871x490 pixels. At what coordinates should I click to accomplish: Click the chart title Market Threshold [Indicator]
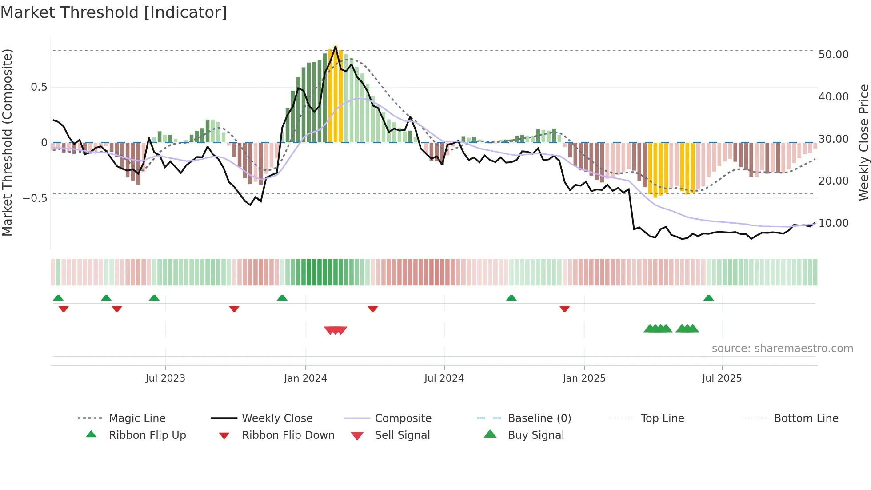pyautogui.click(x=114, y=12)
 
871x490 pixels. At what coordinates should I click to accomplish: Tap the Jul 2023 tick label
pyautogui.click(x=165, y=378)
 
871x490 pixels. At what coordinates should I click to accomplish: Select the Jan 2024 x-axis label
pyautogui.click(x=305, y=378)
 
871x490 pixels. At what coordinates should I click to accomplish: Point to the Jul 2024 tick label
pyautogui.click(x=444, y=378)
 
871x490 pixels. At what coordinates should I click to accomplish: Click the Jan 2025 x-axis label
pyautogui.click(x=584, y=378)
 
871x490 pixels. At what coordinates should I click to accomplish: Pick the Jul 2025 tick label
pyautogui.click(x=722, y=378)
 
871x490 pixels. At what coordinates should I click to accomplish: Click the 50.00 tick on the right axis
pyautogui.click(x=833, y=55)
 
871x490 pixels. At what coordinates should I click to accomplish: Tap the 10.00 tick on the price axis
pyautogui.click(x=833, y=223)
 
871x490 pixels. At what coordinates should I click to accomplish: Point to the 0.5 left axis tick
pyautogui.click(x=39, y=87)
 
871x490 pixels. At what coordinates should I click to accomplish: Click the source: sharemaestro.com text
pyautogui.click(x=782, y=349)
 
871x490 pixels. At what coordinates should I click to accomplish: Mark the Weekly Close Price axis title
pyautogui.click(x=863, y=142)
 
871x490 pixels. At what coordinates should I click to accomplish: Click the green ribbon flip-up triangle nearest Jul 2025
pyautogui.click(x=708, y=298)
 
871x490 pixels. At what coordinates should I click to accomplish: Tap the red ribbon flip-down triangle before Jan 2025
pyautogui.click(x=564, y=309)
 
